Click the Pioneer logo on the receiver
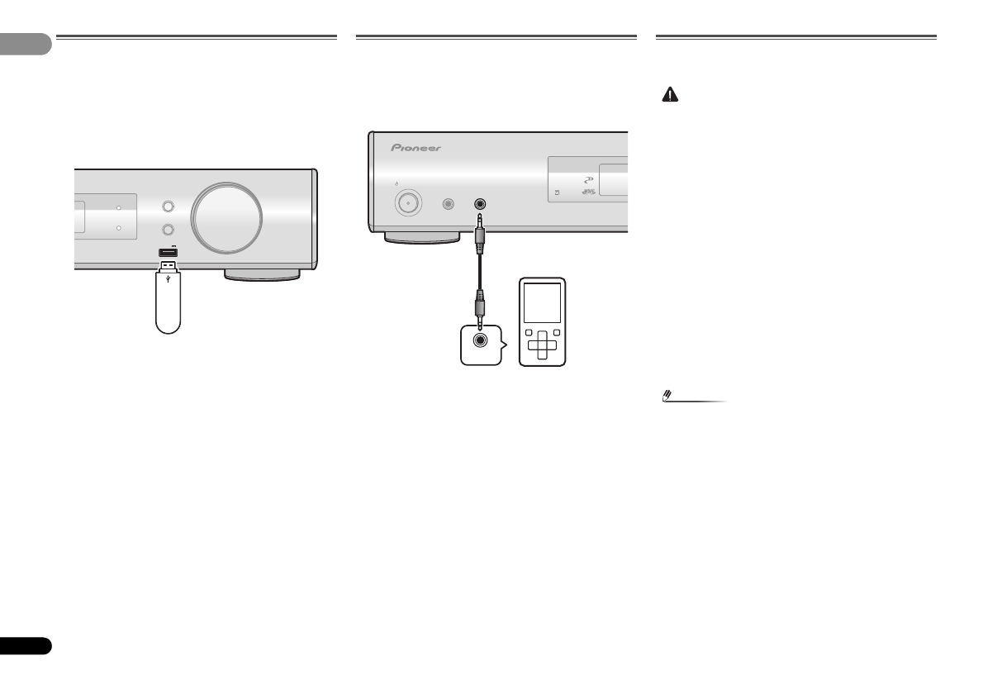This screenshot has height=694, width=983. click(x=416, y=149)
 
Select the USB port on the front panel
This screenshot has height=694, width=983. click(x=169, y=252)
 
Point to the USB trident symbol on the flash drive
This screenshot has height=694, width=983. click(x=169, y=279)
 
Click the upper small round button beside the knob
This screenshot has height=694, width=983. click(x=169, y=207)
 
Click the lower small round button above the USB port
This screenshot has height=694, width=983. click(x=169, y=231)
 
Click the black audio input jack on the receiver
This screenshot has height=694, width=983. click(x=477, y=202)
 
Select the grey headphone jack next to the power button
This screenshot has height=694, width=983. click(x=449, y=202)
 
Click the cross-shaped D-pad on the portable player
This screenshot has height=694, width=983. click(x=542, y=345)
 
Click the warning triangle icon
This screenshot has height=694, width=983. click(x=669, y=96)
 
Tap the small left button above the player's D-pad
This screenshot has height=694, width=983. click(x=527, y=333)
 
